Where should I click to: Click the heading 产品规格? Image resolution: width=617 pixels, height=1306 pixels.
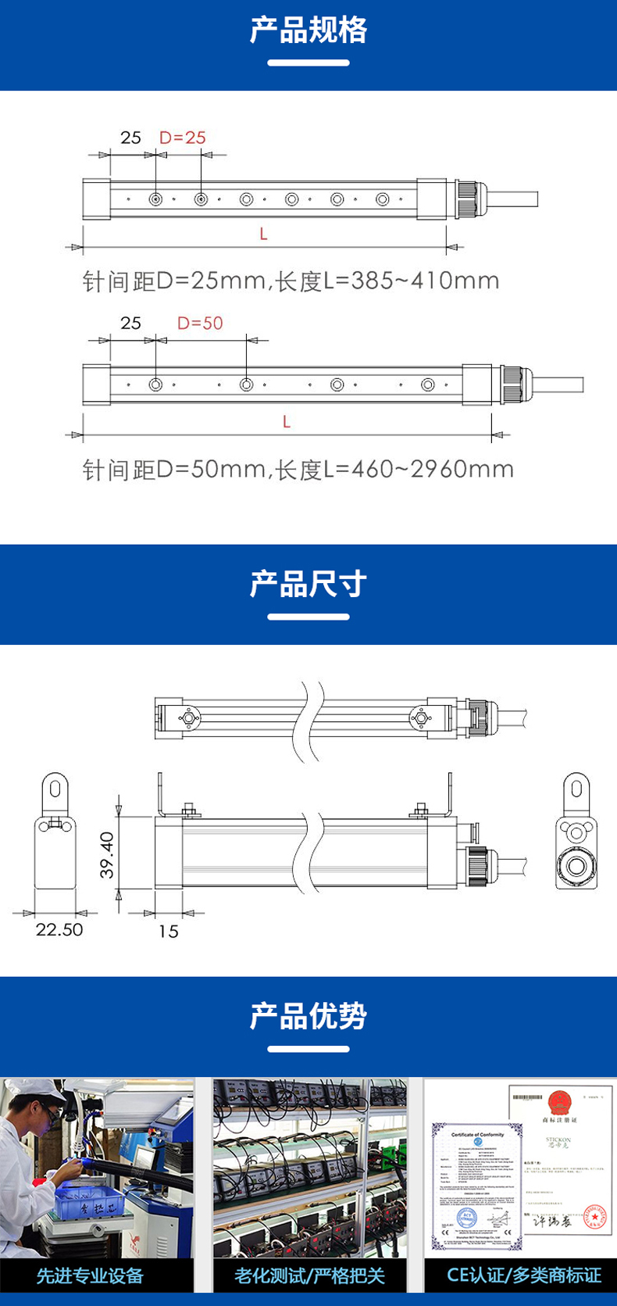pos(308,30)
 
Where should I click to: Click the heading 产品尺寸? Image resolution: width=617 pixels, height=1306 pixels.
pos(308,584)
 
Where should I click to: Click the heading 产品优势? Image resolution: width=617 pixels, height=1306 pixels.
pos(308,1016)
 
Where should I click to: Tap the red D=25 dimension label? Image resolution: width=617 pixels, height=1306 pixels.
pos(183,138)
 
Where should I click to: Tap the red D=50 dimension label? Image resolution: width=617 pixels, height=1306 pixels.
pos(200,323)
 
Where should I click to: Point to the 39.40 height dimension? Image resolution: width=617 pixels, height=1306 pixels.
pos(107,853)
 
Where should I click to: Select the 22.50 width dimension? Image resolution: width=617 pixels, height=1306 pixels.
pos(59,929)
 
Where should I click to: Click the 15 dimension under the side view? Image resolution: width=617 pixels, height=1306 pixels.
pos(168,931)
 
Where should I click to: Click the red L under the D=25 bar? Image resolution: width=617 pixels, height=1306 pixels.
pos(264,234)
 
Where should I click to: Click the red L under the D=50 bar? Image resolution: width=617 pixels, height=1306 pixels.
pos(287,421)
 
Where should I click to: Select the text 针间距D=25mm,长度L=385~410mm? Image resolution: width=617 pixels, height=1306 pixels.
pos(291,281)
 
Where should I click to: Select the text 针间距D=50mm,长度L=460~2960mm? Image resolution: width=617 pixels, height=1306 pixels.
pos(298,469)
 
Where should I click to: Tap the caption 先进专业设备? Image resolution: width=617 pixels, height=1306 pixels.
pos(90,1276)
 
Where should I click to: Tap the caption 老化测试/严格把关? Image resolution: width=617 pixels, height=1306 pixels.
pos(309,1276)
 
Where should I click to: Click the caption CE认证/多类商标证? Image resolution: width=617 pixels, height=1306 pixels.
pos(523,1276)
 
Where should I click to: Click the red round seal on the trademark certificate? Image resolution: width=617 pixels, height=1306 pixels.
pos(595,1218)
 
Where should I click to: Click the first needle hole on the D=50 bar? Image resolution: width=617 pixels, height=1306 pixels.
pos(156,385)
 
